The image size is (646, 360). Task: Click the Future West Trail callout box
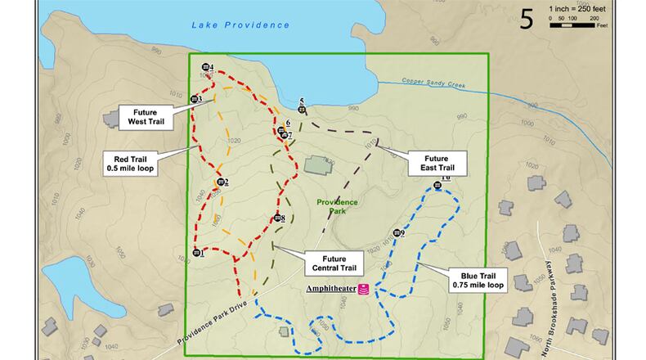(147, 115)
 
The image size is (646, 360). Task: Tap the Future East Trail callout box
(440, 162)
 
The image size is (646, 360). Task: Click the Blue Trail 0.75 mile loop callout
(475, 280)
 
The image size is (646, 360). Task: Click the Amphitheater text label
(330, 289)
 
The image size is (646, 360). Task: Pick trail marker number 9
(397, 233)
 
